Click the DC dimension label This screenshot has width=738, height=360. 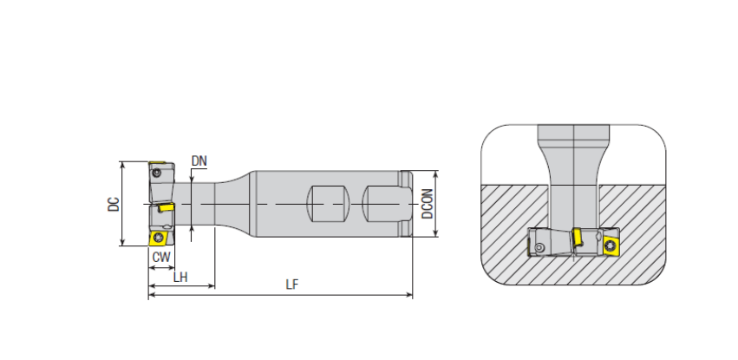click(x=114, y=204)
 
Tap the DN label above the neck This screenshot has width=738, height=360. click(x=199, y=161)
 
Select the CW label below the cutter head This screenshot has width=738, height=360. click(x=161, y=257)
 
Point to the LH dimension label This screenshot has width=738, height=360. click(x=180, y=278)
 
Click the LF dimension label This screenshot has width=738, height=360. click(x=291, y=285)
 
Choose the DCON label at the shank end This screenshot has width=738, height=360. click(x=427, y=204)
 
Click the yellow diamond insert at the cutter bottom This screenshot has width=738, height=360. click(x=159, y=238)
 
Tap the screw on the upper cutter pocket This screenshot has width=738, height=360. click(x=156, y=173)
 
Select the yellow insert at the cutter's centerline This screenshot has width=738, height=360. click(x=167, y=207)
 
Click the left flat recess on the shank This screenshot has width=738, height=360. click(x=327, y=203)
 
